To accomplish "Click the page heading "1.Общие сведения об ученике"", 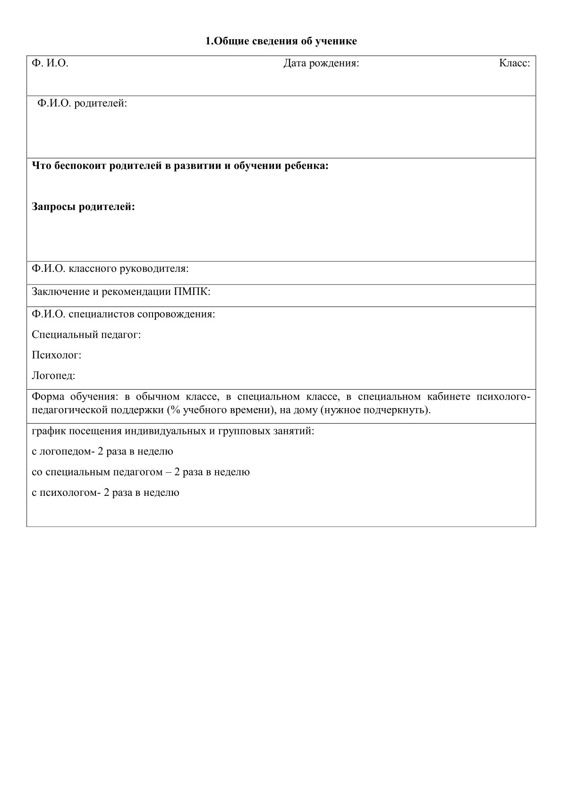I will [x=281, y=42].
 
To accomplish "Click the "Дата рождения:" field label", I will [x=321, y=63].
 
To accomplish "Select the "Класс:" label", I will [x=514, y=63].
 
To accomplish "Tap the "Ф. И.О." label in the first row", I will [x=50, y=63].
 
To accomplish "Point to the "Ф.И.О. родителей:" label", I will [x=82, y=103].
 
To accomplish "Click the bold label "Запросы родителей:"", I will [x=83, y=207].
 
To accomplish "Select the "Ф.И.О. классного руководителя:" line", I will [x=110, y=269].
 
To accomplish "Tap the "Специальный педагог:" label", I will [x=86, y=335].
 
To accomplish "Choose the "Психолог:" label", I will [x=57, y=355].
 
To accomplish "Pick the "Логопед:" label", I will [x=53, y=376].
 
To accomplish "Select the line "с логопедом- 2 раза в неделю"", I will [x=102, y=451].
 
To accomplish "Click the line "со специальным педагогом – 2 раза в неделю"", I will [x=141, y=472].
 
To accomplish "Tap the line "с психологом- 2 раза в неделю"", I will [x=105, y=493].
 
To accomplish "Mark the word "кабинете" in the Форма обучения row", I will [x=450, y=397].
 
